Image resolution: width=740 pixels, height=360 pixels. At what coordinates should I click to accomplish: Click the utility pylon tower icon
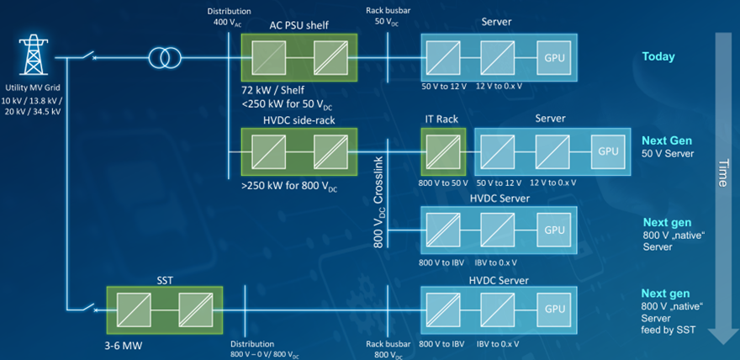click(x=34, y=56)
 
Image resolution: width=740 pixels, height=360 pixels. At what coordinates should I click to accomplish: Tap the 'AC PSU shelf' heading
click(x=299, y=26)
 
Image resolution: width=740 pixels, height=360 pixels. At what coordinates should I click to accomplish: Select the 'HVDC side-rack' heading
click(x=299, y=119)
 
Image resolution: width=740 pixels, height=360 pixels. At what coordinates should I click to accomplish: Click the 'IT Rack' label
click(x=441, y=119)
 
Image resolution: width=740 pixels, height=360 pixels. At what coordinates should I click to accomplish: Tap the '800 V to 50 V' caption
click(x=442, y=183)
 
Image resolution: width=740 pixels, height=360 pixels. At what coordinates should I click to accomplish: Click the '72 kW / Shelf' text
click(x=272, y=88)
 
